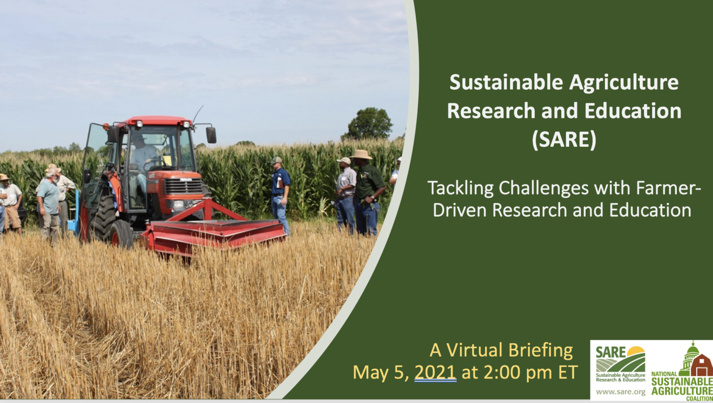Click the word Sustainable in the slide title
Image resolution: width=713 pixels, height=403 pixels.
coord(506,83)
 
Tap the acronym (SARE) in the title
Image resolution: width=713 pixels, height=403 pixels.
coord(564,139)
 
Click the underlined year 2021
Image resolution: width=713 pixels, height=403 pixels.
coord(435,372)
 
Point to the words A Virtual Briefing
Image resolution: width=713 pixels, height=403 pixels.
coord(501,350)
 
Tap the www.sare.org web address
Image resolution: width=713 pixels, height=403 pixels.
coord(621,392)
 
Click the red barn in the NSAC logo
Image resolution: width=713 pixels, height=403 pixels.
coord(701,365)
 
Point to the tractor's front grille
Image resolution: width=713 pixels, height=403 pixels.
coord(183,187)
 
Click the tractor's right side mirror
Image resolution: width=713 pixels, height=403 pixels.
coord(211,135)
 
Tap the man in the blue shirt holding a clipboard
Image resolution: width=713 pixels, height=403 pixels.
coord(280,193)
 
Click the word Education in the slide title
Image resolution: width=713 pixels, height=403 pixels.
coord(633,111)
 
